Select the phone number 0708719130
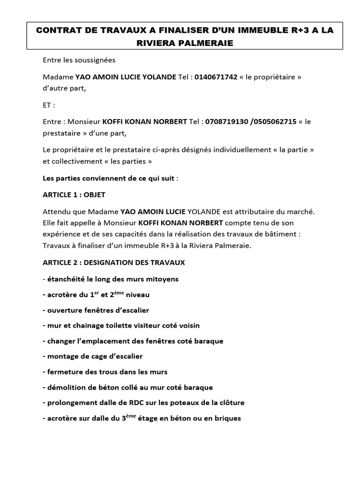click(x=226, y=121)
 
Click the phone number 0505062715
click(x=274, y=121)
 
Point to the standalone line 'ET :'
click(x=49, y=105)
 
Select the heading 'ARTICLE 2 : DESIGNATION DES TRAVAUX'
click(x=114, y=262)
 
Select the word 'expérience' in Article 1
click(x=61, y=233)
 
